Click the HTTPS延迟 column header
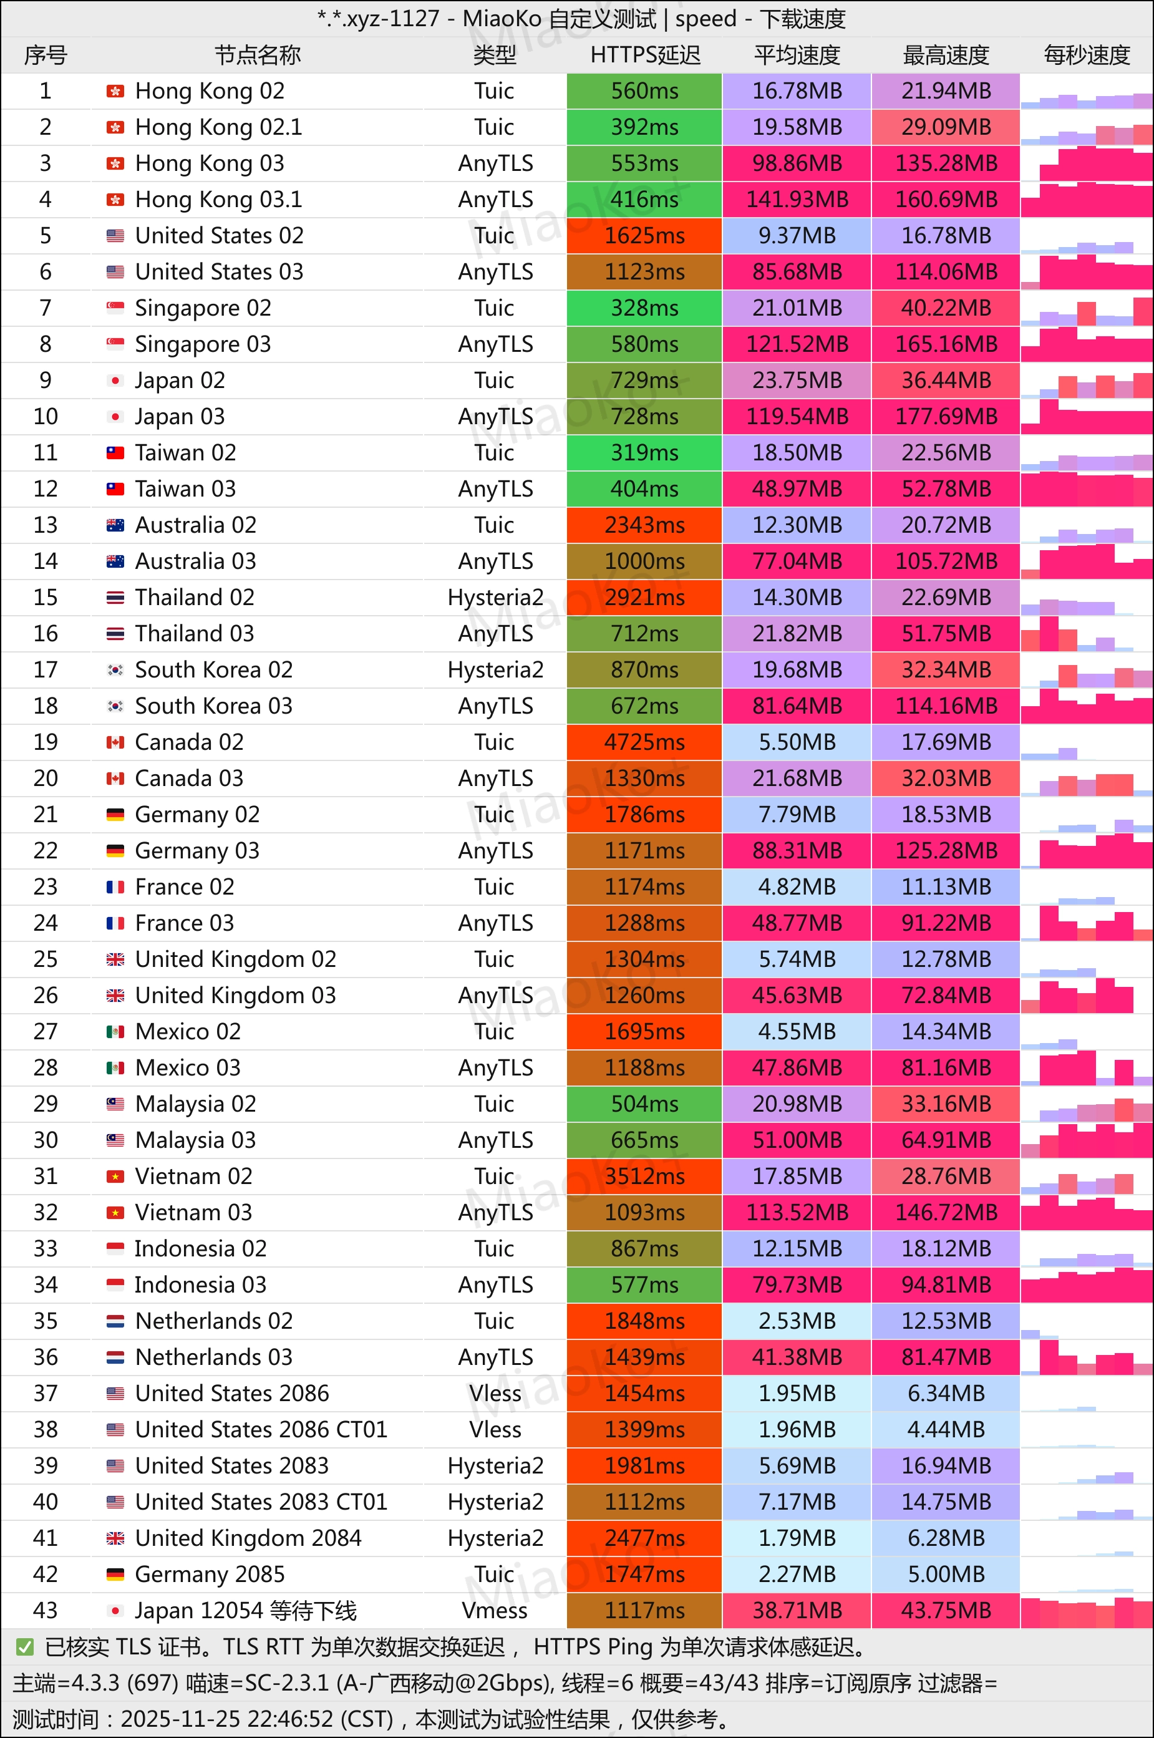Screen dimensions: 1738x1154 (x=645, y=55)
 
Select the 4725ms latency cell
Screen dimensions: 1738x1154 (x=645, y=742)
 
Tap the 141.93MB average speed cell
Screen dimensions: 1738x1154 (x=797, y=200)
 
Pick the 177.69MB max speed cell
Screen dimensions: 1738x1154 (x=946, y=417)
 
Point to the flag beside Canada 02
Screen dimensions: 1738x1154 (x=115, y=742)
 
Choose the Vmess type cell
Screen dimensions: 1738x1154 (x=495, y=1610)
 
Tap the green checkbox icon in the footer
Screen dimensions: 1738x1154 (x=25, y=1647)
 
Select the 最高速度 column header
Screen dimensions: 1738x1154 (x=946, y=55)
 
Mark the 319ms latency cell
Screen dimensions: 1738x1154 (x=645, y=452)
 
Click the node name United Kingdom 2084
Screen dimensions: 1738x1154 (x=248, y=1538)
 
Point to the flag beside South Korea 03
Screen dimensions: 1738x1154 (x=115, y=706)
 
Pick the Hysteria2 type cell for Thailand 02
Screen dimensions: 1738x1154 (x=495, y=598)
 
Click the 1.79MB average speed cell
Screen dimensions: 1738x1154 (x=797, y=1538)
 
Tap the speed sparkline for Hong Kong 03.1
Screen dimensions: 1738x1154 (x=1086, y=200)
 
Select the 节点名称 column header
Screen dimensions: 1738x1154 (x=258, y=55)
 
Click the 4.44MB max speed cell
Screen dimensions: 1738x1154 (x=946, y=1429)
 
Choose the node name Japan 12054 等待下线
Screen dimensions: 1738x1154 (x=246, y=1610)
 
